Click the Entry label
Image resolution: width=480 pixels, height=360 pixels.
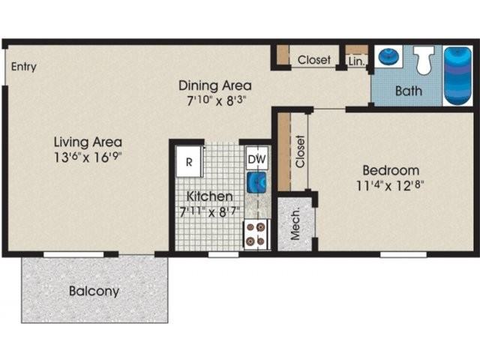click(24, 67)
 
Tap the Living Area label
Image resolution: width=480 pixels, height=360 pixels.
click(88, 142)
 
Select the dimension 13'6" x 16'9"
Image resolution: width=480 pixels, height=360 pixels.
click(88, 158)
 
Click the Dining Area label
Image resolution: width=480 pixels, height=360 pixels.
click(214, 85)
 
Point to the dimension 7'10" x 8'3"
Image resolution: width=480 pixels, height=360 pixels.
click(214, 100)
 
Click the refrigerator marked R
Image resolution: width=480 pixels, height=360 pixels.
click(190, 160)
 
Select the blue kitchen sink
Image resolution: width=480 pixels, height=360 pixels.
click(257, 182)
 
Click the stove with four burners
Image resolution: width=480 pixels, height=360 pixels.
click(256, 233)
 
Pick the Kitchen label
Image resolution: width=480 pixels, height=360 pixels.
click(207, 196)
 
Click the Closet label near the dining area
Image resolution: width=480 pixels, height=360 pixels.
click(314, 60)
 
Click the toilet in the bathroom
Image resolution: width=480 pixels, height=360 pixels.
click(424, 60)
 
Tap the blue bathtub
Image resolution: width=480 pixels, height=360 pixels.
click(457, 75)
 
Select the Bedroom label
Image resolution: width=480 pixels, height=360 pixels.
click(390, 169)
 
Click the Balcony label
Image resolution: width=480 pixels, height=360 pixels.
click(94, 291)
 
